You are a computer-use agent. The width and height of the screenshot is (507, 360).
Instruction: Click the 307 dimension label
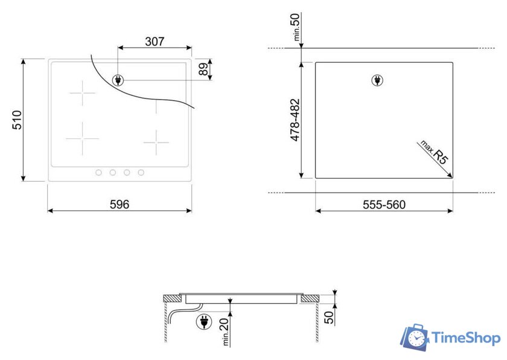155,42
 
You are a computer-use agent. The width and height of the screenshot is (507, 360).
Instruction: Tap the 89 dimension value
203,69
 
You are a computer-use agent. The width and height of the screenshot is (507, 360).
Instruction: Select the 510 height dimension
17,120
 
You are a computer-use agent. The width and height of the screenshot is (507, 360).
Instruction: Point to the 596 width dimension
120,204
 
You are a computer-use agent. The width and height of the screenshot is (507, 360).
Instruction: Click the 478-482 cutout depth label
295,120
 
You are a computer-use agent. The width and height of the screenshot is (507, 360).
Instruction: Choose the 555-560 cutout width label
384,205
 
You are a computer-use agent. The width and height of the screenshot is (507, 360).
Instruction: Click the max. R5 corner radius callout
435,152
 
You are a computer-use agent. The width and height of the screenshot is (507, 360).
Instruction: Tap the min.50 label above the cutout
296,27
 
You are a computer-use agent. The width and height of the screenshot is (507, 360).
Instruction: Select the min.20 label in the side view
225,332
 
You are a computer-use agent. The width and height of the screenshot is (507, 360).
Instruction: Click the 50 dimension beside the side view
329,317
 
